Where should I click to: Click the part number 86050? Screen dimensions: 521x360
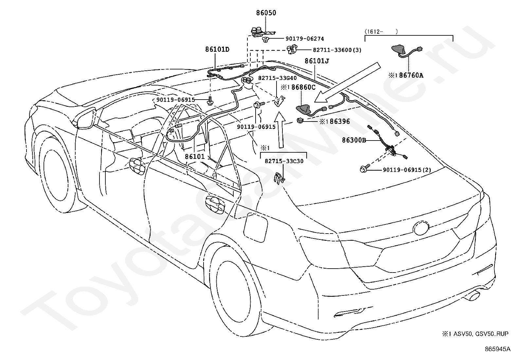266,12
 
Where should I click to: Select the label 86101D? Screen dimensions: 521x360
217,49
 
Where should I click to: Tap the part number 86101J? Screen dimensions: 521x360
317,61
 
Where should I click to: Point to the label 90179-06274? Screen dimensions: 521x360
305,39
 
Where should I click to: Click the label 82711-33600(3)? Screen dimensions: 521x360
337,50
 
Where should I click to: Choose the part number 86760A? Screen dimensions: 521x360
411,75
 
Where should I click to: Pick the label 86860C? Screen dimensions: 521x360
303,87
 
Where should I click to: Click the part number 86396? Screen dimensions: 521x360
340,121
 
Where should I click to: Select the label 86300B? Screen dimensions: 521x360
354,140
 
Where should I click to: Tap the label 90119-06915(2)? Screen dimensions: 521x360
407,170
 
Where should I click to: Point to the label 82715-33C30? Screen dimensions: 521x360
284,161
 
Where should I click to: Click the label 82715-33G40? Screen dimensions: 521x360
277,78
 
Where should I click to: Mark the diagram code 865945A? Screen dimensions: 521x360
497,349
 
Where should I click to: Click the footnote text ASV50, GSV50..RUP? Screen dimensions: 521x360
480,334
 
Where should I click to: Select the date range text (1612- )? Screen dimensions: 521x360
381,32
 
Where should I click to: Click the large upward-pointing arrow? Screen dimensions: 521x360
279,129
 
